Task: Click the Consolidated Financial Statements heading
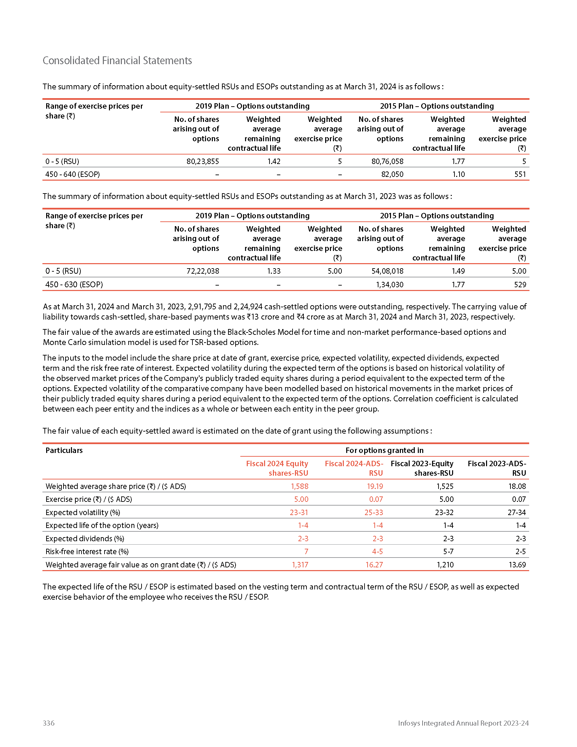click(117, 60)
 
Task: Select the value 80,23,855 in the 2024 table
click(203, 161)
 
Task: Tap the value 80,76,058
click(387, 161)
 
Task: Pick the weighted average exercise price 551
click(520, 175)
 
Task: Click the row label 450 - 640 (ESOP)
click(73, 175)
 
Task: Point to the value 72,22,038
click(203, 271)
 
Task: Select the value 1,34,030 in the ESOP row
click(390, 285)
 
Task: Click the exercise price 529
click(520, 285)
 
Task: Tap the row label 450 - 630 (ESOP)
click(74, 285)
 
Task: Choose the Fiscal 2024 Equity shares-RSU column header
click(277, 468)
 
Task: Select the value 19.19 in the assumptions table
click(375, 486)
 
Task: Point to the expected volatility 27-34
click(517, 512)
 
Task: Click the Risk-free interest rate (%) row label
click(87, 551)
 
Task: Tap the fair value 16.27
click(374, 565)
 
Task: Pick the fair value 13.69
click(517, 565)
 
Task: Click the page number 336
click(49, 723)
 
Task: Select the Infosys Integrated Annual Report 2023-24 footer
click(463, 723)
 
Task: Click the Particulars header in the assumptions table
click(64, 451)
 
